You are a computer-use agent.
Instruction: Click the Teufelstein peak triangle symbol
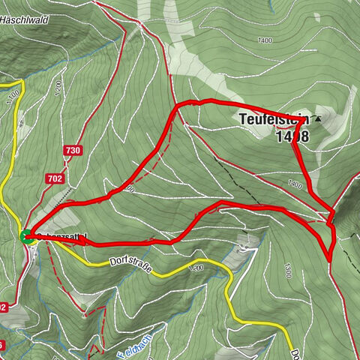[x=318, y=119]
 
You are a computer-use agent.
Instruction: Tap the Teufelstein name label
[x=273, y=119]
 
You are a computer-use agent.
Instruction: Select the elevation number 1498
[x=292, y=136]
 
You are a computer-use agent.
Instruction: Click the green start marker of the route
[x=25, y=237]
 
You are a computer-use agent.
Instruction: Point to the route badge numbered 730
[x=73, y=151]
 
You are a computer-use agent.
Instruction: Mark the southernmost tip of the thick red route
[x=330, y=259]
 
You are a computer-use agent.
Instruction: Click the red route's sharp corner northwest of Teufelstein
[x=177, y=106]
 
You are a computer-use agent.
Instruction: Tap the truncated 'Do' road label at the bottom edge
[x=295, y=352]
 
